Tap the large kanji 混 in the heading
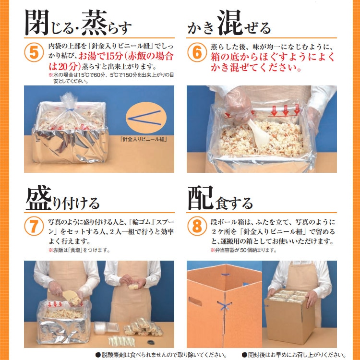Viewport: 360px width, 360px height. point(230,21)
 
